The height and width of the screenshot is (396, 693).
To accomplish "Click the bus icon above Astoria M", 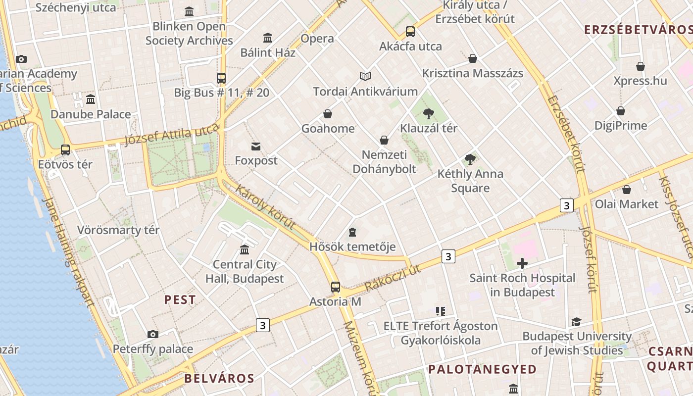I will click(336, 287).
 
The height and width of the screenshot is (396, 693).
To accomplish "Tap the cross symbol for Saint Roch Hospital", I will click(522, 263).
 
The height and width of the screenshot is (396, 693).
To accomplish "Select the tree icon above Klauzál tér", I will click(429, 114).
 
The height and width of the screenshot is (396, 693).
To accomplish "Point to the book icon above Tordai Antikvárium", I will click(365, 77).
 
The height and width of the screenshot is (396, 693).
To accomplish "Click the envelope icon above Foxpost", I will click(256, 147).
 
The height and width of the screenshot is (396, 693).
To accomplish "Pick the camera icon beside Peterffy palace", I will click(153, 335).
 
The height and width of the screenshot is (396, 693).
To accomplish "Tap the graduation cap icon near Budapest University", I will click(576, 322).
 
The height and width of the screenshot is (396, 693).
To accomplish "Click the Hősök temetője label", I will click(352, 246).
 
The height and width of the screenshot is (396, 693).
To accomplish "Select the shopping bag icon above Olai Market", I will click(627, 190).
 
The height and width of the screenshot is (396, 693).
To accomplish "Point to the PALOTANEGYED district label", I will click(482, 369).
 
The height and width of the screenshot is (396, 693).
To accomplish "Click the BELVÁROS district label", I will click(219, 379).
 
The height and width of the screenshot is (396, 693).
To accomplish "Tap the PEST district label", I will click(180, 299).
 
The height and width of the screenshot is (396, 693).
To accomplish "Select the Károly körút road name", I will click(266, 207).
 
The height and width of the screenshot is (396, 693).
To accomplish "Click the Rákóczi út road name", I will click(393, 279).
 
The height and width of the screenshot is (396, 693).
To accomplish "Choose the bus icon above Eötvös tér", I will click(65, 149).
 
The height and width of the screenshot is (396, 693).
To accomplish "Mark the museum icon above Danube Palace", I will click(91, 99).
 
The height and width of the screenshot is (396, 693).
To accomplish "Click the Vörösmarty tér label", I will click(118, 230).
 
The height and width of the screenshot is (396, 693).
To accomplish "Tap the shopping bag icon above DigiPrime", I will click(621, 111).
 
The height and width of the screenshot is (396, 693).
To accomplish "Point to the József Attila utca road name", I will click(171, 135).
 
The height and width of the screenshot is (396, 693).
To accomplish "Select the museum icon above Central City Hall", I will click(245, 249).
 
